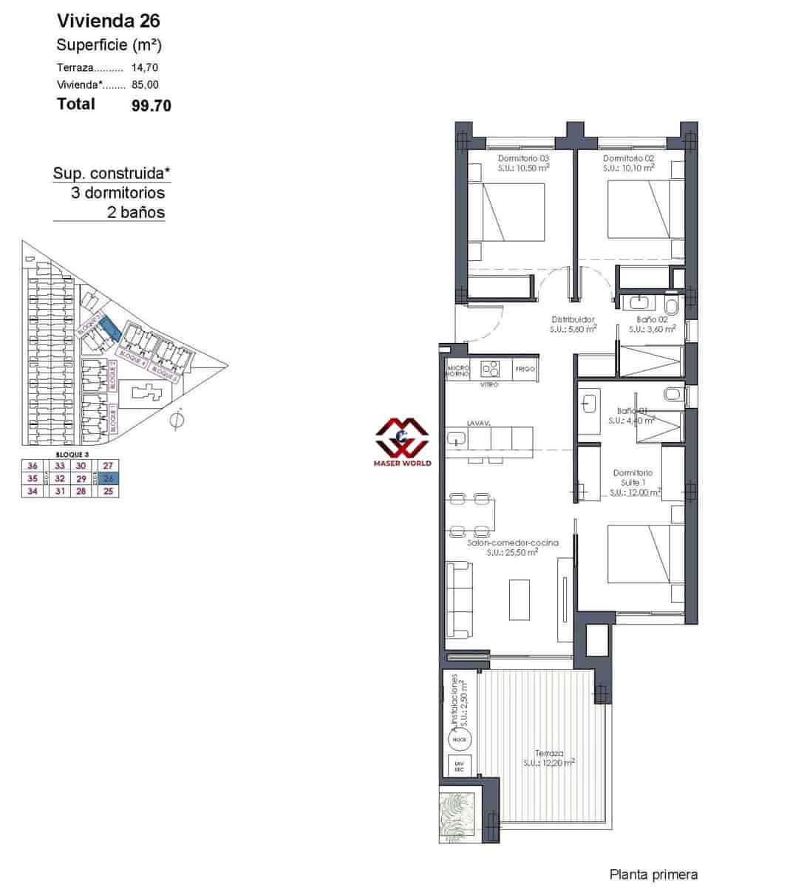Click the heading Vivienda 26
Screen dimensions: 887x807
pyautogui.click(x=109, y=21)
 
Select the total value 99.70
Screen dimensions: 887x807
pyautogui.click(x=151, y=105)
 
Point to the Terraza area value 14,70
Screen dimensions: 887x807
pyautogui.click(x=145, y=67)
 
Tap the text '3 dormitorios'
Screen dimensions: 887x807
pyautogui.click(x=118, y=193)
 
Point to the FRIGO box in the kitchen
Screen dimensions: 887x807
pyautogui.click(x=525, y=369)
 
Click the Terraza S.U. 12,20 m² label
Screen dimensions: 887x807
pyautogui.click(x=549, y=758)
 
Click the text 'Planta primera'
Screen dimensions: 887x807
pyautogui.click(x=653, y=874)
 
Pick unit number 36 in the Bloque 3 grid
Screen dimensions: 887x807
pyautogui.click(x=32, y=466)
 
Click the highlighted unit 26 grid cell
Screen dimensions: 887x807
pyautogui.click(x=109, y=478)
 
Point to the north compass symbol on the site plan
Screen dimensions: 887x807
pyautogui.click(x=176, y=421)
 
